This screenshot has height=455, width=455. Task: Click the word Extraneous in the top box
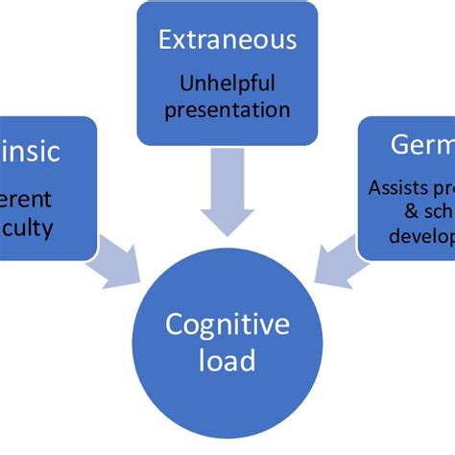click(x=227, y=40)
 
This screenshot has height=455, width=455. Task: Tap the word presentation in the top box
click(x=227, y=108)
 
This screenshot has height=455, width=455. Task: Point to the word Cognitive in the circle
click(x=227, y=325)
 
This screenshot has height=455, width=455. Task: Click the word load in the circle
click(x=227, y=362)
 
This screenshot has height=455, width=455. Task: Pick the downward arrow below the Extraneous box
click(x=227, y=192)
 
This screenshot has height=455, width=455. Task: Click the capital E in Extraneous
click(x=164, y=40)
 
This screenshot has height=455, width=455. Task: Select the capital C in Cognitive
click(x=174, y=325)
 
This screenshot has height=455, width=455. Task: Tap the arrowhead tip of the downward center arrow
click(x=227, y=234)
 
